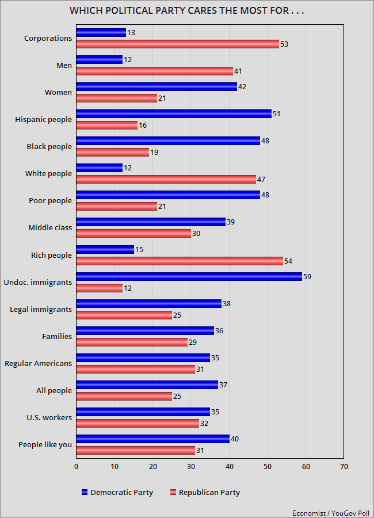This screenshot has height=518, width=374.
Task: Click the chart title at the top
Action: pos(186,10)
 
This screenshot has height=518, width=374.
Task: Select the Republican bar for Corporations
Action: pos(177,44)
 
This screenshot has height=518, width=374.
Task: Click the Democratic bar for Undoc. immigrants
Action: pos(189,276)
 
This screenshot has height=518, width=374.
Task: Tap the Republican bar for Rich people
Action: pos(180,261)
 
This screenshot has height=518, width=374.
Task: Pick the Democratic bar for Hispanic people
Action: pos(173,114)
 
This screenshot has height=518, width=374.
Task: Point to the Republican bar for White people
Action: pos(166,179)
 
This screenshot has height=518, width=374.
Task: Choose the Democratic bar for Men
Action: pos(99,60)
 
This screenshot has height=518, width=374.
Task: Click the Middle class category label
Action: pos(50,227)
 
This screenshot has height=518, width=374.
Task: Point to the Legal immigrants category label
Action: pos(41,309)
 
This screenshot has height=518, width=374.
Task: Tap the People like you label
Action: pos(45,444)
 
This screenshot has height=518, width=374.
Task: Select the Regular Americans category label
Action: pos(38,363)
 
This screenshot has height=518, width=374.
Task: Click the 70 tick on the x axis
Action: pos(344,467)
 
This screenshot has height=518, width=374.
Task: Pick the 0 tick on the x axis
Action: pos(76,467)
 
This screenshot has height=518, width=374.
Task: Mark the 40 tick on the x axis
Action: pos(229,467)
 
